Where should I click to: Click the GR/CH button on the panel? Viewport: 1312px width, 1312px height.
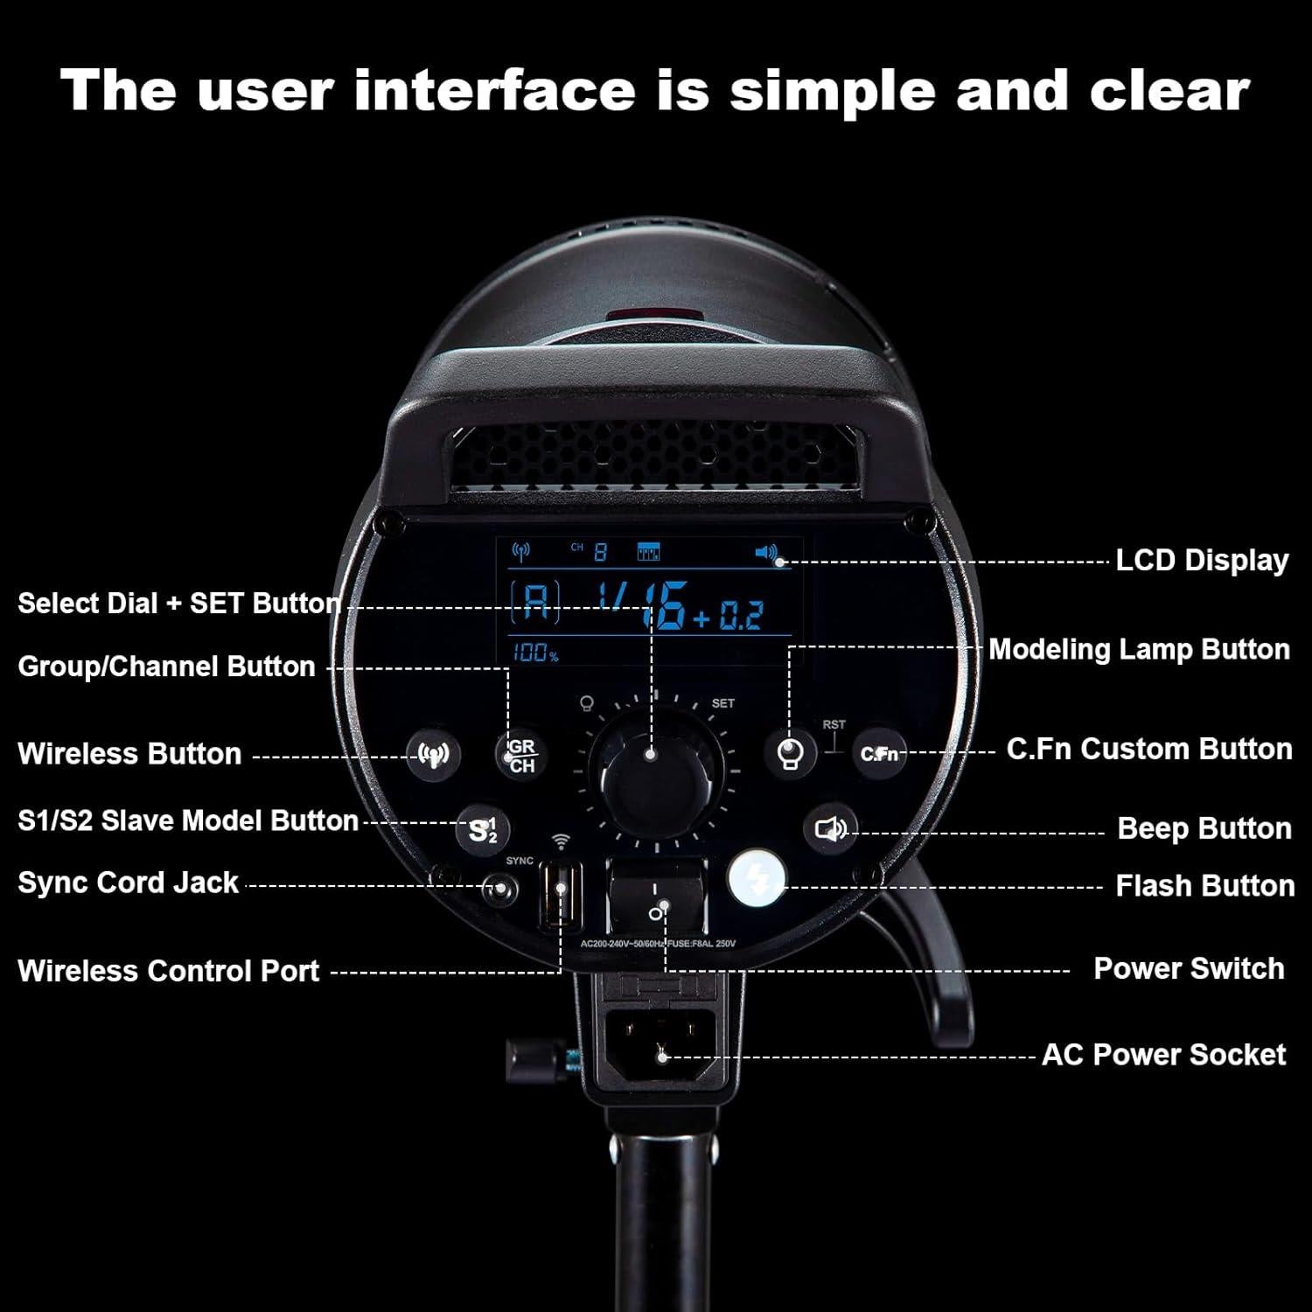click(521, 755)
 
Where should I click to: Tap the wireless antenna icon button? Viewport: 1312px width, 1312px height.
click(434, 754)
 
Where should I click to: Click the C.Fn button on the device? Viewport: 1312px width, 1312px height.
click(878, 753)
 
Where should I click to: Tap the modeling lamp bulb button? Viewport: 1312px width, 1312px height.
click(791, 754)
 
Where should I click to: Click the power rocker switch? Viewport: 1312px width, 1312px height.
click(657, 899)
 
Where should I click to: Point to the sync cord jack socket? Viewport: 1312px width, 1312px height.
click(500, 891)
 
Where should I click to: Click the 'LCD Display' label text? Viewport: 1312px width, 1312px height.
click(1201, 561)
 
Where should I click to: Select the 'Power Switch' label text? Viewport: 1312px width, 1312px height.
click(1188, 969)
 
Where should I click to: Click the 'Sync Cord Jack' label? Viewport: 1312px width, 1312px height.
click(128, 883)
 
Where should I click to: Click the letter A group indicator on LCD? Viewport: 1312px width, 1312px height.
click(535, 604)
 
